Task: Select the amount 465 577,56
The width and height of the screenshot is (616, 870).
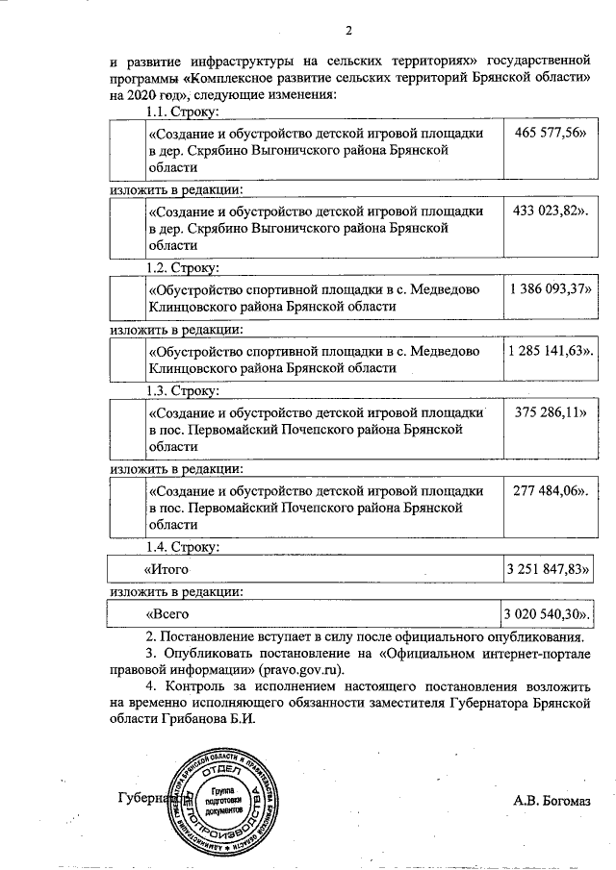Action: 549,133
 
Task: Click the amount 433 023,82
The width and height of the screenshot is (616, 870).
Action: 551,211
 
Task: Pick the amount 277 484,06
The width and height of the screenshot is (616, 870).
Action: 551,490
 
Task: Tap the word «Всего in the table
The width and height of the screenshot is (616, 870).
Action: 167,612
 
